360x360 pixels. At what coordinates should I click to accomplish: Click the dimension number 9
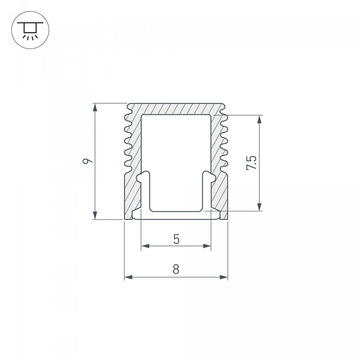[x=87, y=158]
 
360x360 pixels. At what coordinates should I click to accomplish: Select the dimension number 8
[x=176, y=269]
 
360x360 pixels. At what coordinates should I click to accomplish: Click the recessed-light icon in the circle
[x=30, y=30]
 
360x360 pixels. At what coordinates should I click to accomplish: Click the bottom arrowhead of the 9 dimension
[x=95, y=215]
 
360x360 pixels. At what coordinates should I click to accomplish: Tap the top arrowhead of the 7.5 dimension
[x=259, y=119]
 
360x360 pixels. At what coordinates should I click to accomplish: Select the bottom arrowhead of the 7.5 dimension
[x=259, y=207]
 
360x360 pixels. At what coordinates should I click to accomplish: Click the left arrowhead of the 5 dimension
[x=145, y=246]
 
